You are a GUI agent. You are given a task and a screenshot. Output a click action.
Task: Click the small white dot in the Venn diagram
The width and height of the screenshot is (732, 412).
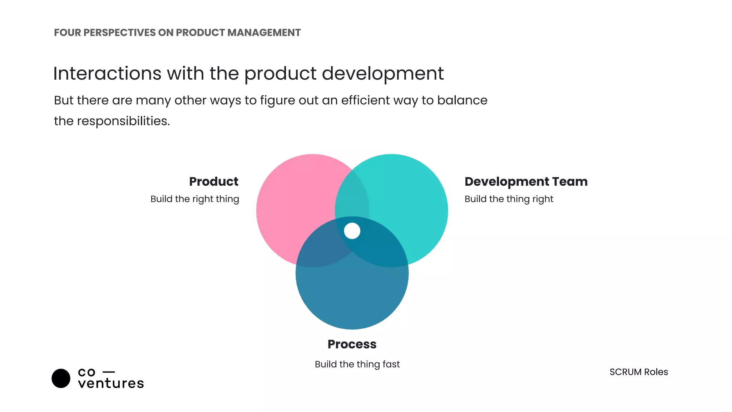point(352,231)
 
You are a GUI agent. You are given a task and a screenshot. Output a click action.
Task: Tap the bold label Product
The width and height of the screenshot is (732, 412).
point(213,182)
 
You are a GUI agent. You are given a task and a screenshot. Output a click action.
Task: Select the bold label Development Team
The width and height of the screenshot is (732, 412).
point(526,182)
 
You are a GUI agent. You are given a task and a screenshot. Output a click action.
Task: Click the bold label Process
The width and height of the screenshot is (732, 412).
point(352,344)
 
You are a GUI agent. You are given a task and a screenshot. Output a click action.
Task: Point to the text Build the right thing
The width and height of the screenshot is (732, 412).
point(194,199)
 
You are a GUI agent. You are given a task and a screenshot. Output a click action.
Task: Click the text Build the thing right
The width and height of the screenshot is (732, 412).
point(509,199)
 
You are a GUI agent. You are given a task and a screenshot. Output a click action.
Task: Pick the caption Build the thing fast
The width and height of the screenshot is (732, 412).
point(357,364)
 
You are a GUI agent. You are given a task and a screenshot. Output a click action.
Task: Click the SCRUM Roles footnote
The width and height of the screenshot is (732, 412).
point(638,372)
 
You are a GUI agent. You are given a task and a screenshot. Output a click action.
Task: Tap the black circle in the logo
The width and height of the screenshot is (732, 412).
point(61,378)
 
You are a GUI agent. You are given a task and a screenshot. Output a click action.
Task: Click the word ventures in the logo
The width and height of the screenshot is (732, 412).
point(111,383)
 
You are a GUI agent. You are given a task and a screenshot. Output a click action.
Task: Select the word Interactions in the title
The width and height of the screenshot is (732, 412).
point(107,74)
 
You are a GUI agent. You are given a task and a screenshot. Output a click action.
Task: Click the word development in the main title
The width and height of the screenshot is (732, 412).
point(382,74)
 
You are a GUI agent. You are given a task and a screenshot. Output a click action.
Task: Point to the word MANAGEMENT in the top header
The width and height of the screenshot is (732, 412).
point(264,33)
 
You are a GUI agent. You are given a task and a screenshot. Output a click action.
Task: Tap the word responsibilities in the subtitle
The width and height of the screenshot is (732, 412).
point(123,121)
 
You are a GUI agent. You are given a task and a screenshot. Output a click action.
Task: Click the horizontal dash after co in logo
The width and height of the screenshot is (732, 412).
point(109,372)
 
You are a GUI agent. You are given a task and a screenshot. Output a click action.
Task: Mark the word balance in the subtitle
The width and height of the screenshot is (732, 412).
point(462,100)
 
